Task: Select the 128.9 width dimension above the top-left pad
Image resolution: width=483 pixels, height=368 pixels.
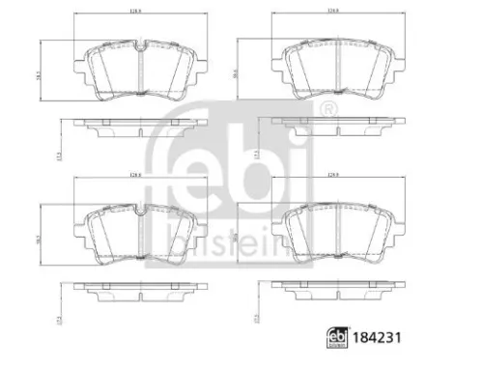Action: pos(136,14)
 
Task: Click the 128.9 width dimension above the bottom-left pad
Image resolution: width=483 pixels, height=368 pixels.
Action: pos(136,177)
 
